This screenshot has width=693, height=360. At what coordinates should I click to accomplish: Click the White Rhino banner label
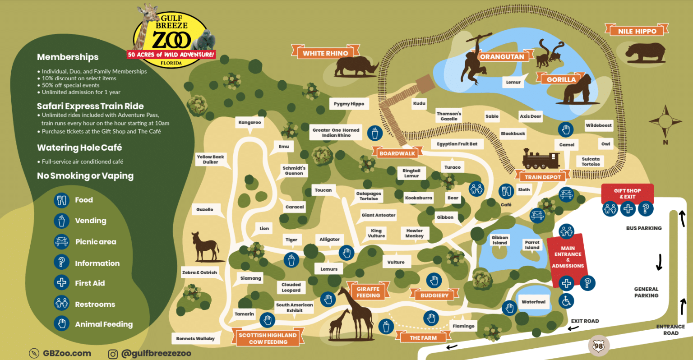coord(325,53)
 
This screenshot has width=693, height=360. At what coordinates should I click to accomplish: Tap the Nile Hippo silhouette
coord(645,53)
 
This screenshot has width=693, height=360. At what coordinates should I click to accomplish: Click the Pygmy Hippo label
coord(349,104)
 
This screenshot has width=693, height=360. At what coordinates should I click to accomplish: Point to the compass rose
coord(665,121)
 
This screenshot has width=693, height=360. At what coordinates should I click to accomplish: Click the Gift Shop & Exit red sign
coord(627,194)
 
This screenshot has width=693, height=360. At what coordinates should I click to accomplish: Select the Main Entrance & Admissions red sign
coord(568,257)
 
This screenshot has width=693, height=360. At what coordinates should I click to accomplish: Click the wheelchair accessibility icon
coord(566,300)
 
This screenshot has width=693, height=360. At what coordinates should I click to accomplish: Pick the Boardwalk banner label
coord(397,153)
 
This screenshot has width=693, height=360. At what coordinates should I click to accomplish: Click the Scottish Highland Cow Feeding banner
coord(268,338)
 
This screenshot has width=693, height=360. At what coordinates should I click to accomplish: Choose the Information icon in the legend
coord(61,263)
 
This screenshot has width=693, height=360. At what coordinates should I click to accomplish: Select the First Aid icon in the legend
coord(61,283)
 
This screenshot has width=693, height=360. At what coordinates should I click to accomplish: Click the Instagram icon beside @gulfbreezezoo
coord(113,354)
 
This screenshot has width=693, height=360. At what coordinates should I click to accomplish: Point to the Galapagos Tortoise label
coord(369,196)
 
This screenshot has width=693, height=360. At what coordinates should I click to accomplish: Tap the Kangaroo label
coord(249,122)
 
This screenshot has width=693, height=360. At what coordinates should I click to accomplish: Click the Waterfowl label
coord(533,302)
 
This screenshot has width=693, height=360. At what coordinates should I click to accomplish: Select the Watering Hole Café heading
coord(79,148)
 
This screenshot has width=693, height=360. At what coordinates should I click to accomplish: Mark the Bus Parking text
coord(643,228)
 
